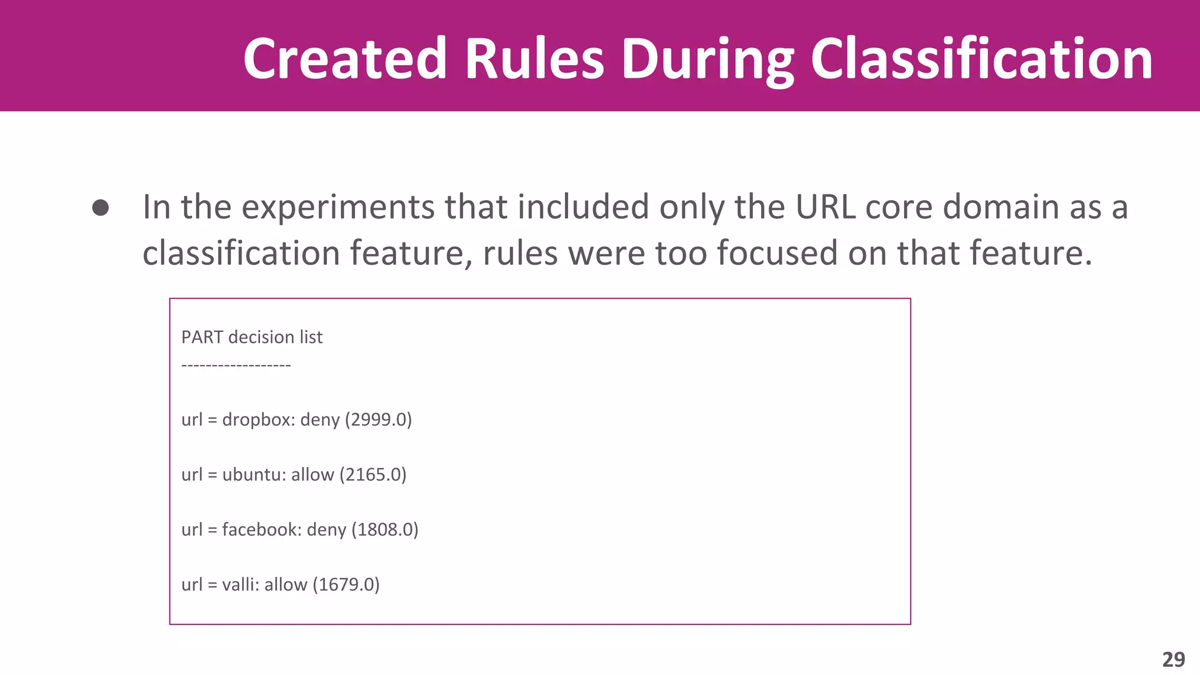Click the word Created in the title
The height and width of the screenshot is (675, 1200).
click(x=345, y=59)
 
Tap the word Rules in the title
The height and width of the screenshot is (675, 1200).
click(x=534, y=59)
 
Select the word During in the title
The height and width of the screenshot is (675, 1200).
click(x=707, y=60)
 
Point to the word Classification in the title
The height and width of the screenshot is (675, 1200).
click(x=981, y=59)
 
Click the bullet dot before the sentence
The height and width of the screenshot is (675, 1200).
click(x=101, y=208)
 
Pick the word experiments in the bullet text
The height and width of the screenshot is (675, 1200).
click(x=337, y=207)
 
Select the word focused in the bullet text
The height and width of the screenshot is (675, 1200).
click(x=777, y=253)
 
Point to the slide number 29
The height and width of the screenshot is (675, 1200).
click(x=1174, y=660)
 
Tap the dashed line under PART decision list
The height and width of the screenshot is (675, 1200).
click(x=236, y=366)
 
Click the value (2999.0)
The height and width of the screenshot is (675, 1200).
click(x=379, y=420)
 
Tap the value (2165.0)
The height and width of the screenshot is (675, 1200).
click(x=373, y=475)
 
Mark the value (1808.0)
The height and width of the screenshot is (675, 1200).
click(x=385, y=530)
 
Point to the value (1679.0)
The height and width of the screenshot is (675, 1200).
click(x=346, y=585)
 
